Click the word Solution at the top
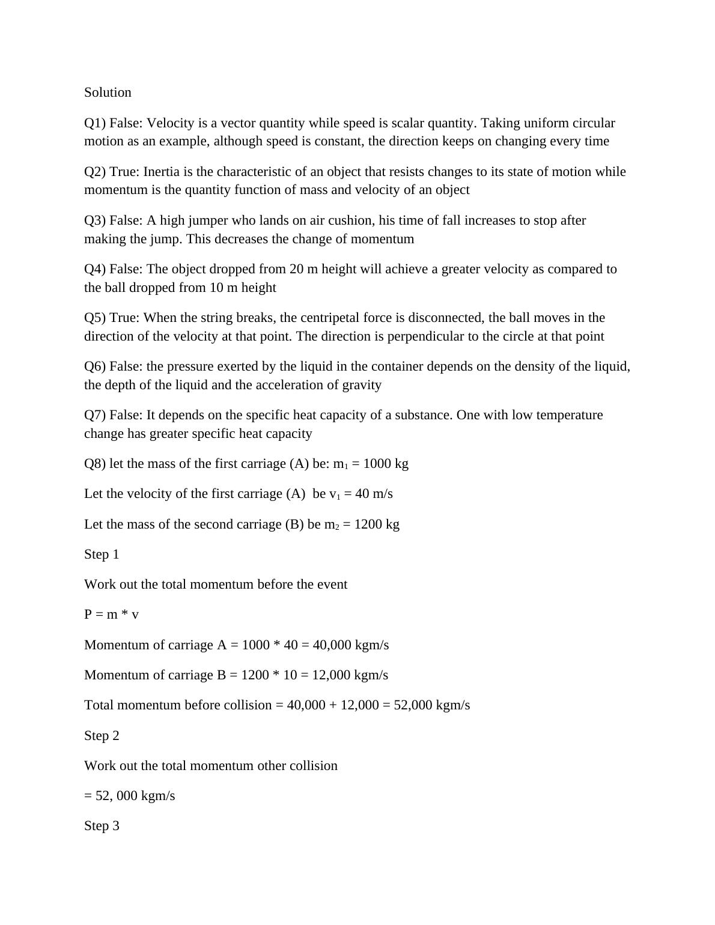108,92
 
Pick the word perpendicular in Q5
423,336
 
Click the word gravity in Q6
361,385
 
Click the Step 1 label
102,554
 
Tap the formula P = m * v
111,614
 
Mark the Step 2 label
102,736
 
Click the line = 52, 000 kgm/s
129,796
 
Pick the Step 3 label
102,826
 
